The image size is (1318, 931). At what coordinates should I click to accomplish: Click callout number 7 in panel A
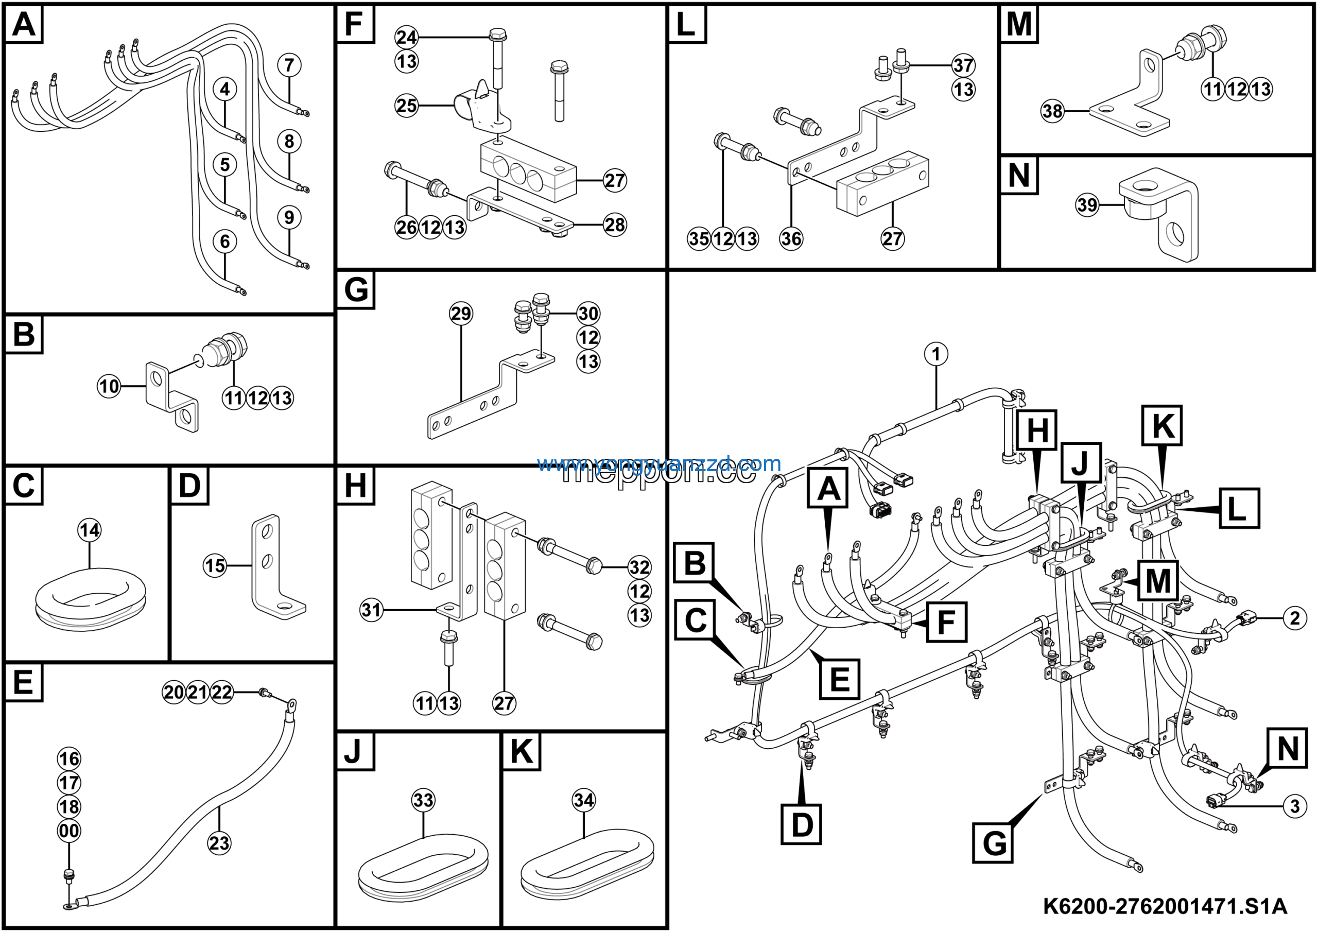click(x=289, y=65)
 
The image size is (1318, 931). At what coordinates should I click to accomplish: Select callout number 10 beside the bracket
click(x=109, y=386)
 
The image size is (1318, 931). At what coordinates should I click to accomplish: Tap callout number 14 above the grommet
click(x=89, y=530)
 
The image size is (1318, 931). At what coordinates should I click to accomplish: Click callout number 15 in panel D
click(x=215, y=566)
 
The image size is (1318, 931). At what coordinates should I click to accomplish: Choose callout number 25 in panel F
click(x=406, y=106)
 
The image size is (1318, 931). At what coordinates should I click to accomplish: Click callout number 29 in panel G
click(x=460, y=314)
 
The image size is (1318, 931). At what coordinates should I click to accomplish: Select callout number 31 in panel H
click(x=371, y=610)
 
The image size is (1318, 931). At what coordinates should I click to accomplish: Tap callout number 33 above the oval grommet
click(x=423, y=800)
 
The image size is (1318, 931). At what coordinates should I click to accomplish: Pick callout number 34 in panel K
click(x=583, y=800)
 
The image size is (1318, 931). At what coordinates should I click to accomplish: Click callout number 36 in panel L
click(x=790, y=238)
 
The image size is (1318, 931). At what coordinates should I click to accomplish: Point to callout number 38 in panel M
click(x=1052, y=111)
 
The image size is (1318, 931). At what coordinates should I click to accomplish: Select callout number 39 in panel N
click(x=1087, y=205)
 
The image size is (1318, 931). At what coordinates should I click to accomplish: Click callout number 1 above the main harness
click(x=935, y=354)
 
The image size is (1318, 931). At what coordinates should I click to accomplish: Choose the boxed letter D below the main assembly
click(x=802, y=824)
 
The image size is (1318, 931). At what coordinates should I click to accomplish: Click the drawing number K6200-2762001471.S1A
click(x=1165, y=906)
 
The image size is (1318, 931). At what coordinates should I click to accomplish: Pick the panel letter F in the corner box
click(x=354, y=24)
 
